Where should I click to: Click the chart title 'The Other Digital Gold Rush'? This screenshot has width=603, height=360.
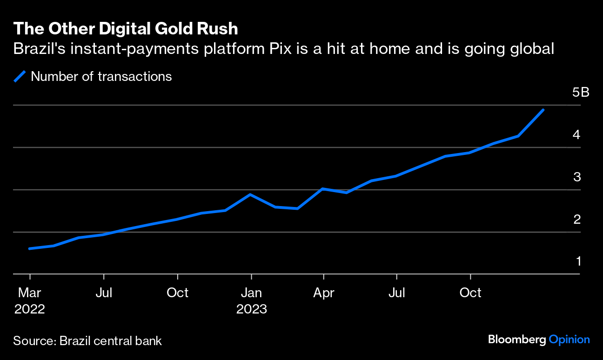(x=126, y=29)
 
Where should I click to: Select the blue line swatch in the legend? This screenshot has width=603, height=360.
(x=20, y=76)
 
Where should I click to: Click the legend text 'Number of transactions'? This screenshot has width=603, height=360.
(x=101, y=76)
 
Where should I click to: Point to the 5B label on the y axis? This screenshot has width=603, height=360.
(x=581, y=93)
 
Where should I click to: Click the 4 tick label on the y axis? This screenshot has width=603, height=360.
(x=577, y=135)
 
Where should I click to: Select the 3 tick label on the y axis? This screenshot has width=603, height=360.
(x=577, y=177)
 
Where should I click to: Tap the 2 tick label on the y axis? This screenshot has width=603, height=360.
(x=577, y=219)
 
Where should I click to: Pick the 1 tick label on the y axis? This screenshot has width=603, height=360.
(x=578, y=261)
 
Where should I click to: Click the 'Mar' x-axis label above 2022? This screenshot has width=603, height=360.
(x=30, y=293)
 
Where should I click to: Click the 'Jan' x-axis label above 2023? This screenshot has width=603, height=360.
(x=251, y=293)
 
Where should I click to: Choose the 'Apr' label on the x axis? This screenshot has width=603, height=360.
(x=323, y=293)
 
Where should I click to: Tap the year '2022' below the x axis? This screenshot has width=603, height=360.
(x=30, y=309)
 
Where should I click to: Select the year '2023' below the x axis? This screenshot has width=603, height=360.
(x=251, y=309)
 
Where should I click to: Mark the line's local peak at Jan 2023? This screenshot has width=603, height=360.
(x=251, y=194)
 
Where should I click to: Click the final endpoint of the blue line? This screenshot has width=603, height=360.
(x=543, y=110)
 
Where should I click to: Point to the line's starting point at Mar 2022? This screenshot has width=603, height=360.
(x=30, y=248)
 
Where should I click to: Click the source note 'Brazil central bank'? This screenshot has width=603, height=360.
(x=111, y=341)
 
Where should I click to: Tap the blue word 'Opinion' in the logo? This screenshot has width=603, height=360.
(x=569, y=340)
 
